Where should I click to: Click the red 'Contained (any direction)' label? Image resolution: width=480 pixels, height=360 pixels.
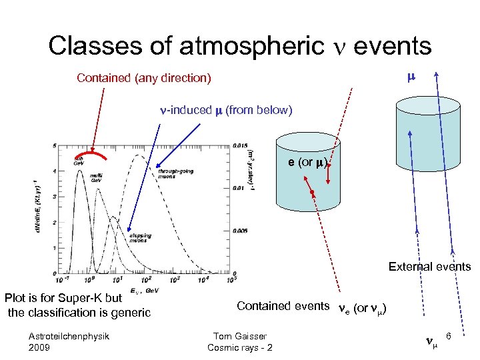tap(143, 79)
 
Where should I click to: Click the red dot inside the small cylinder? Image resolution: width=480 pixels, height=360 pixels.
tap(311, 193)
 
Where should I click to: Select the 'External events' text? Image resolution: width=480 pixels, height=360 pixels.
tap(429, 267)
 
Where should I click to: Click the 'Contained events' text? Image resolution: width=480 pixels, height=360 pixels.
tap(283, 306)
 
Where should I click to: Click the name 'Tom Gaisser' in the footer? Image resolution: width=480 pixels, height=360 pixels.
tap(239, 336)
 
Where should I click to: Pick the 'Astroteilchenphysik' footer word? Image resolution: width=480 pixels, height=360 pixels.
tap(69, 336)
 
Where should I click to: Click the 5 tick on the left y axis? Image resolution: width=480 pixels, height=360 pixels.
tap(53, 146)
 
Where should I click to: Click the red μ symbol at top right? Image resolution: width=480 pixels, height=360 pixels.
tap(411, 77)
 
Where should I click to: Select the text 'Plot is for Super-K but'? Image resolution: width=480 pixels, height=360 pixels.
tap(63, 298)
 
